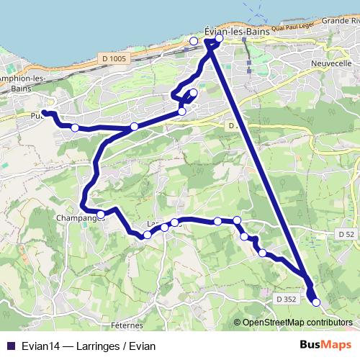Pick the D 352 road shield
pyautogui.click(x=286, y=299)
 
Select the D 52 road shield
pyautogui.click(x=346, y=235)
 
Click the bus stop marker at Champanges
pyautogui.click(x=102, y=215)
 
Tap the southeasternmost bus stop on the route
pyautogui.click(x=315, y=302)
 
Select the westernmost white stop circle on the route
pyautogui.click(x=75, y=127)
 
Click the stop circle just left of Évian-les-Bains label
pyautogui.click(x=194, y=41)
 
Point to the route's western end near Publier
pyautogui.click(x=45, y=113)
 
